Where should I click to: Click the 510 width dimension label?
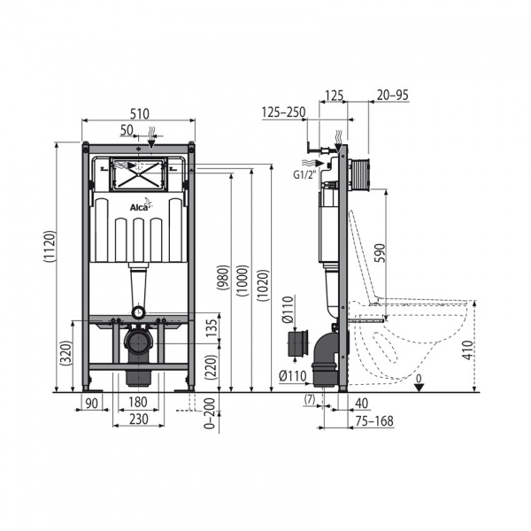click(x=140, y=113)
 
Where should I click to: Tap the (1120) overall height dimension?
click(x=50, y=247)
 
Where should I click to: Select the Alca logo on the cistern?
click(x=141, y=205)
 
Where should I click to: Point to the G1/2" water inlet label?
click(x=304, y=175)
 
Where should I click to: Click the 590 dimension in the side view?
click(x=380, y=252)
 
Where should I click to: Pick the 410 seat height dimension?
click(x=467, y=350)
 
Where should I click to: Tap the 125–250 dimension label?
click(x=284, y=112)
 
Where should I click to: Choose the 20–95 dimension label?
click(x=392, y=96)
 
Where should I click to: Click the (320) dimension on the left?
click(x=65, y=352)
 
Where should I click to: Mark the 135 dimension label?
click(x=211, y=328)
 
